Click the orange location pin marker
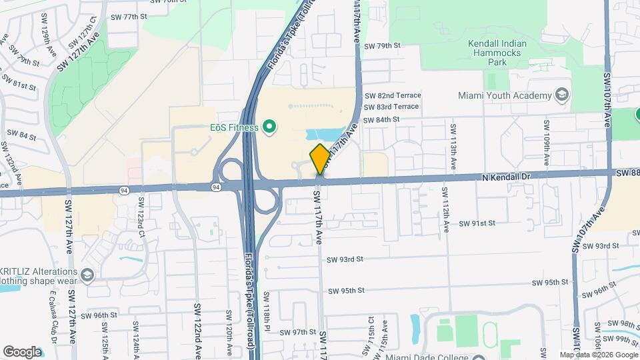click(320, 159)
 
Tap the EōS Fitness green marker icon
click(269, 126)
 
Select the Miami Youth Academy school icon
click(563, 95)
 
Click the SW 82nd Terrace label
click(393, 95)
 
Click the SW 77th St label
click(129, 17)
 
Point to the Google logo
click(22, 352)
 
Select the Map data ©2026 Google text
click(598, 355)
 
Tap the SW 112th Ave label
click(444, 206)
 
